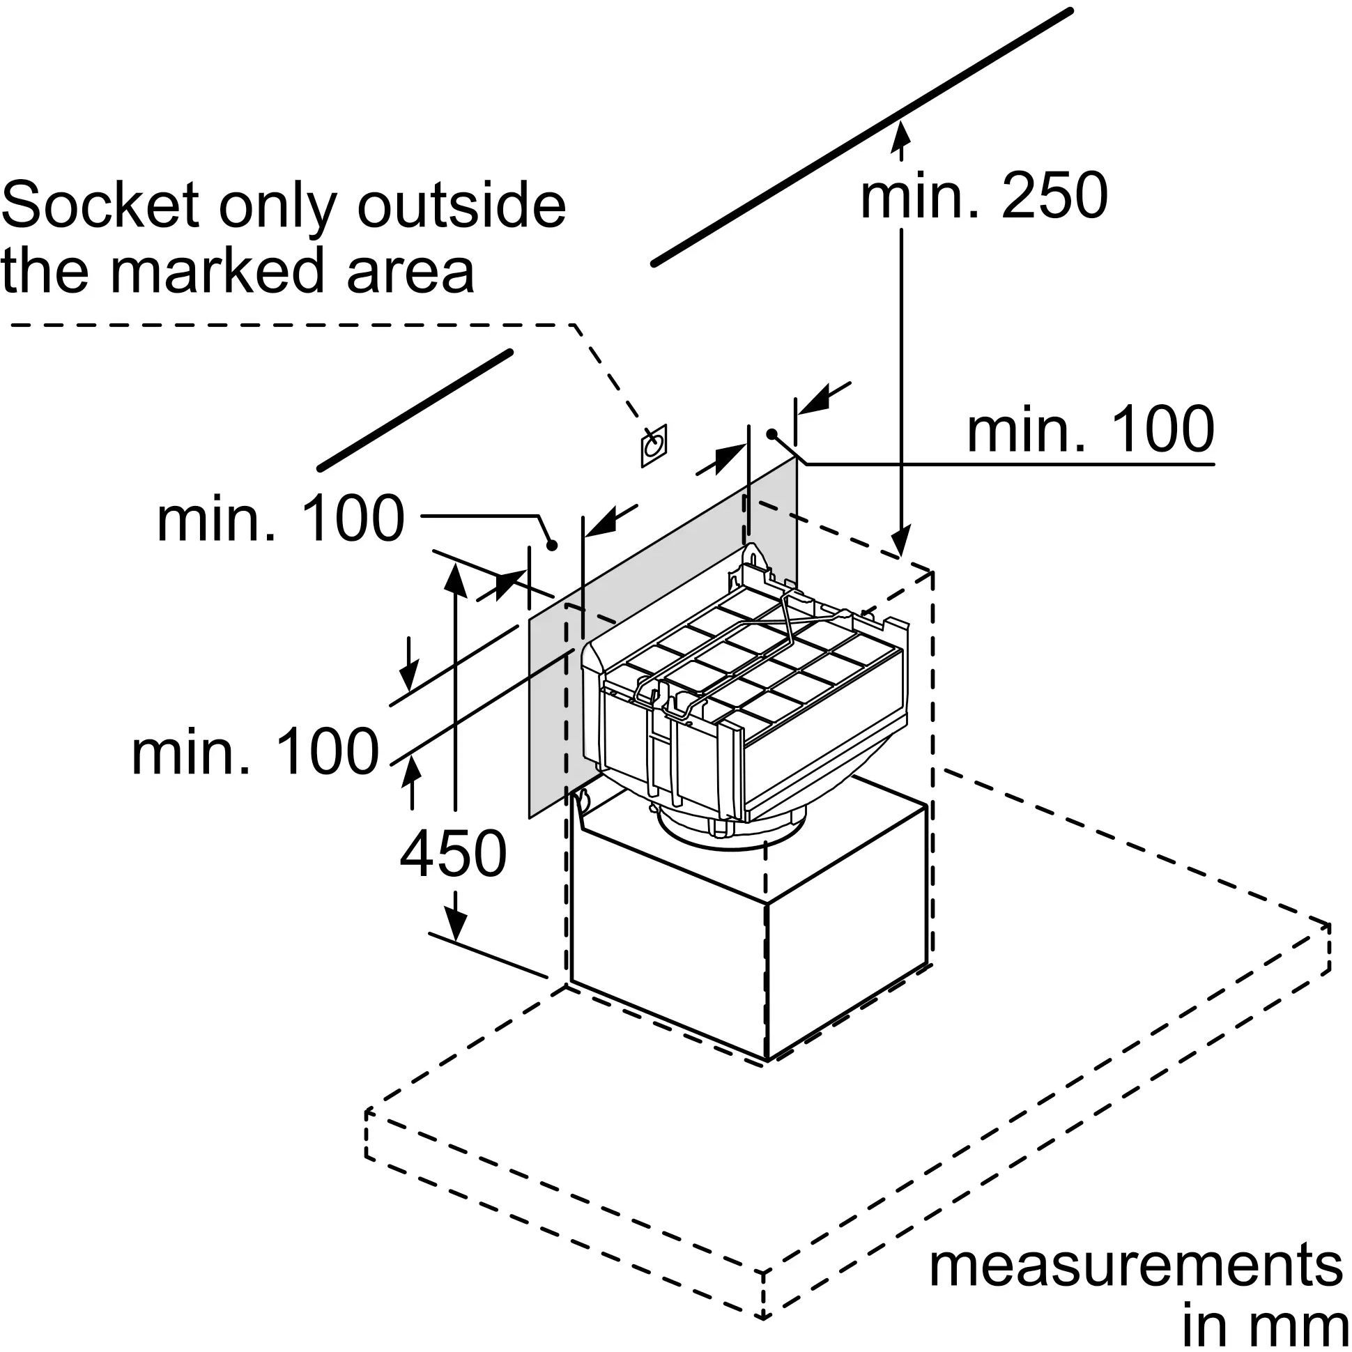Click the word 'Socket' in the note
(101, 205)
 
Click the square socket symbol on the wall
(654, 445)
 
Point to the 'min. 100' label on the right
(1089, 430)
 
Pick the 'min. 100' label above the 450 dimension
(281, 518)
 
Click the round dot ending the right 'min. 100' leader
(771, 434)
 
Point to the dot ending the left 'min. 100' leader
(551, 544)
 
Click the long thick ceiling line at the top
(861, 137)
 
